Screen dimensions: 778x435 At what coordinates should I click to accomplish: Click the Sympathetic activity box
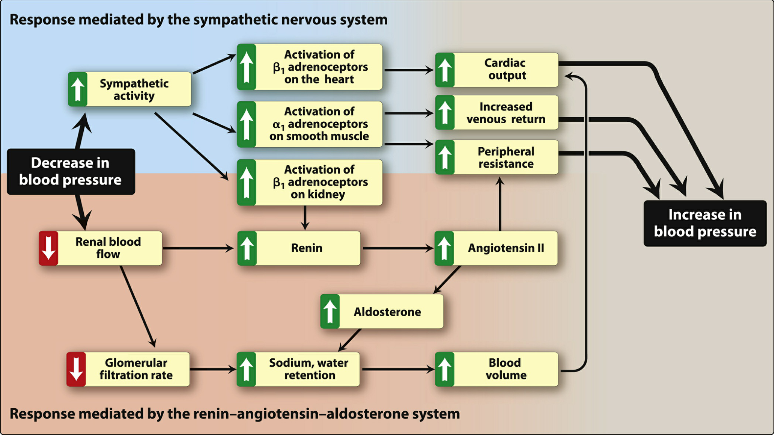coord(129,89)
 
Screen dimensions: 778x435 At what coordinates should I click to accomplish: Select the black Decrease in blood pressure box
coord(71,172)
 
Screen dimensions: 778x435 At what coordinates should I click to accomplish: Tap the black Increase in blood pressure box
coord(705,223)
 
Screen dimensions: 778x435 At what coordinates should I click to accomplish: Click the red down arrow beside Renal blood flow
coord(48,248)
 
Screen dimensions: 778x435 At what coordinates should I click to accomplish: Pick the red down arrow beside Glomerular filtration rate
coord(76,369)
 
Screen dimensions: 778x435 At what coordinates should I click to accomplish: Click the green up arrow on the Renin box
coord(247,248)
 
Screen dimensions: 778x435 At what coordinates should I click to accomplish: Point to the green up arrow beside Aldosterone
coord(330,311)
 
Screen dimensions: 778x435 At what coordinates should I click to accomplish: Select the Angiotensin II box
coord(496,248)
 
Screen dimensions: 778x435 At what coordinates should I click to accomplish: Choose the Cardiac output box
coord(497,70)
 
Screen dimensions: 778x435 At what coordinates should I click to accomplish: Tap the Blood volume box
coord(497,369)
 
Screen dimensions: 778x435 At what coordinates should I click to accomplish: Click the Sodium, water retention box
coord(298,369)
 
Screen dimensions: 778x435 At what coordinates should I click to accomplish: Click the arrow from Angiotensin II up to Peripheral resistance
coord(500,204)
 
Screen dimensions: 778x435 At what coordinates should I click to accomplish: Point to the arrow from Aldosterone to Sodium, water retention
coord(350,340)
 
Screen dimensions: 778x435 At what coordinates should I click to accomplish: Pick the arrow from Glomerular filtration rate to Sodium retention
coord(213,369)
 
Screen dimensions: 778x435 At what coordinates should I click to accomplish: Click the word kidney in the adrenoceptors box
coord(318,195)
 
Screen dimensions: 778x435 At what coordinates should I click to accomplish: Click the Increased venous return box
coord(497,113)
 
